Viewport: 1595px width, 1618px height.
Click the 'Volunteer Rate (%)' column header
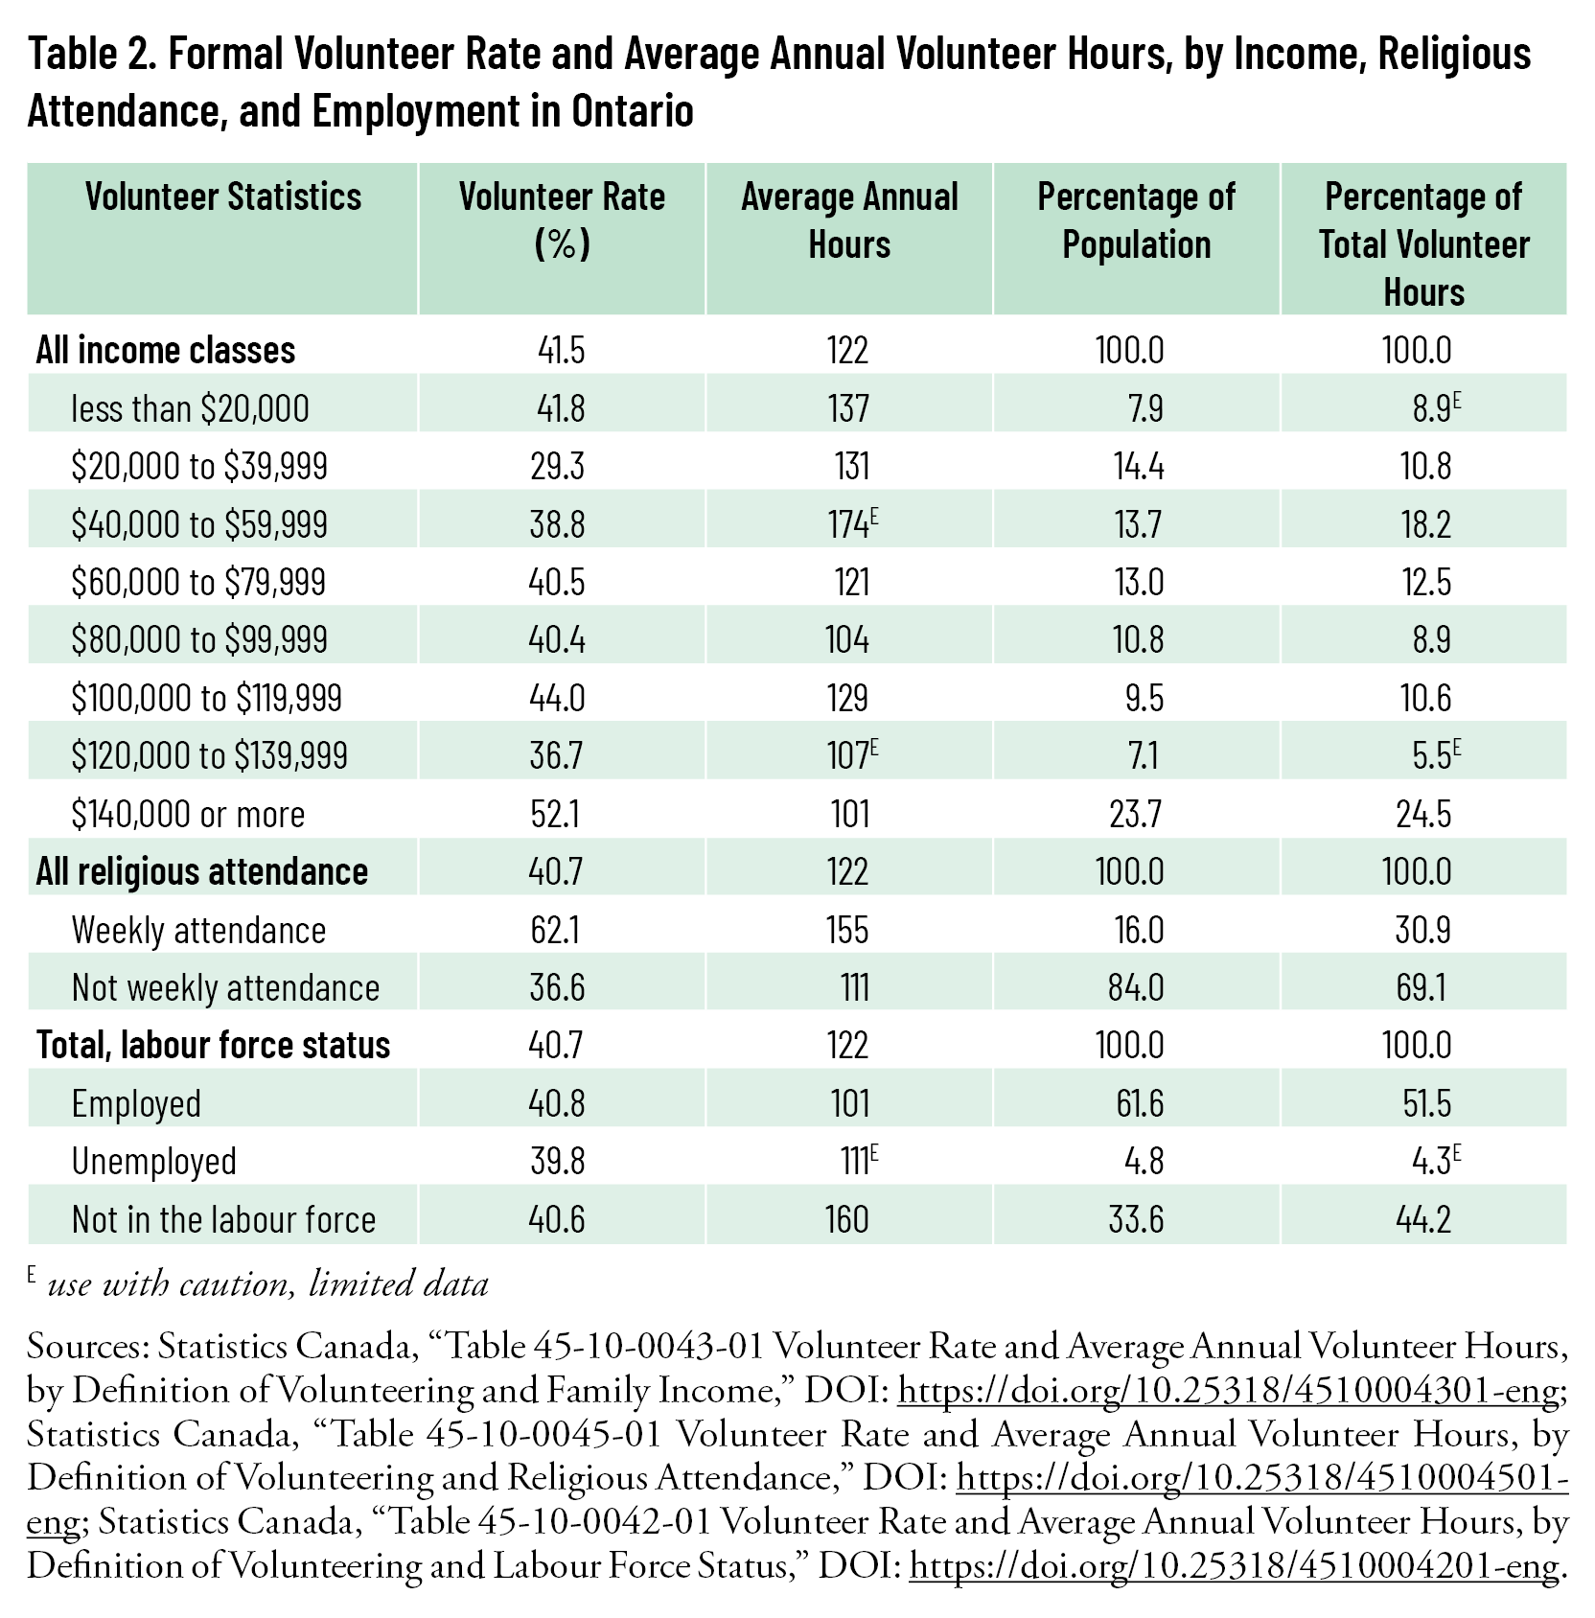(562, 220)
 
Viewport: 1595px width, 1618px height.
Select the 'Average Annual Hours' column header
(849, 220)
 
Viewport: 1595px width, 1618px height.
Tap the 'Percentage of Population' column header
(1137, 220)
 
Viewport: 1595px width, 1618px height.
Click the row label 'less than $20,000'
(190, 409)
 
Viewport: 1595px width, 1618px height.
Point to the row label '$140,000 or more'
(188, 814)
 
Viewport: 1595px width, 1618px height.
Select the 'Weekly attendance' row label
(198, 930)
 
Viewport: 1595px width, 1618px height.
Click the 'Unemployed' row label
(153, 1161)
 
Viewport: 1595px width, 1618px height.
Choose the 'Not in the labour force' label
(223, 1219)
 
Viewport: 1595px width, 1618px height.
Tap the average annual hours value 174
(848, 524)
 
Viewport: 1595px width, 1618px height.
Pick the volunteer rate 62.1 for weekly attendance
(555, 930)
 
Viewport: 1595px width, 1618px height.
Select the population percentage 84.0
(1136, 987)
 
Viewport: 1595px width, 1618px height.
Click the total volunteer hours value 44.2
(1423, 1219)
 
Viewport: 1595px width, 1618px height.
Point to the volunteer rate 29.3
(556, 467)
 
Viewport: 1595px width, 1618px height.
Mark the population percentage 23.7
(1136, 814)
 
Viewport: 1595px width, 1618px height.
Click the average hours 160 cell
(846, 1219)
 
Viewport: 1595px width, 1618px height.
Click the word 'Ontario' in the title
(633, 111)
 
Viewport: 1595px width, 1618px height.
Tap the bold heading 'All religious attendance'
(201, 872)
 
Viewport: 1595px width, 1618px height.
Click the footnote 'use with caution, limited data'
(267, 1283)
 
